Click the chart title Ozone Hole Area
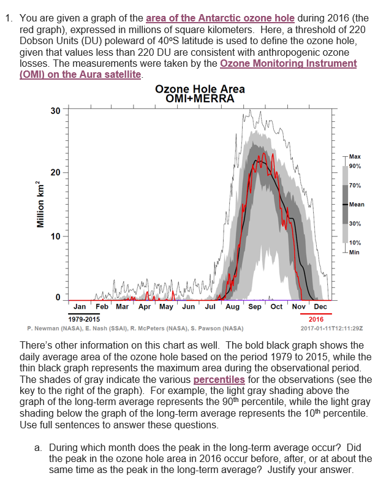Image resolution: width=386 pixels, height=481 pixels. [200, 89]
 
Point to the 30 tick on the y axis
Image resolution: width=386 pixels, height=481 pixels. [56, 111]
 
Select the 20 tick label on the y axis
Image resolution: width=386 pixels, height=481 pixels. [56, 173]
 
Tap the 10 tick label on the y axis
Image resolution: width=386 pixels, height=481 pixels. [56, 237]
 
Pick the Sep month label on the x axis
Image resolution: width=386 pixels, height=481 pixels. [255, 306]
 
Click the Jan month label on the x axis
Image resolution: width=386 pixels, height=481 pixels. [80, 306]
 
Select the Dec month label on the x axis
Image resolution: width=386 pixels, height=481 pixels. [320, 306]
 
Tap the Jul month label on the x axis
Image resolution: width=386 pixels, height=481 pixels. [210, 306]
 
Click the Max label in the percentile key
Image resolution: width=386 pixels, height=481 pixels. [355, 157]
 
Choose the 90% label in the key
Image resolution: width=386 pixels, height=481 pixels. [355, 166]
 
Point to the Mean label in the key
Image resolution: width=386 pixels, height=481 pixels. [357, 204]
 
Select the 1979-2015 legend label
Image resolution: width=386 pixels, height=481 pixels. [84, 319]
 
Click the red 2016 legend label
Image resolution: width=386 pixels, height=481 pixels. [316, 319]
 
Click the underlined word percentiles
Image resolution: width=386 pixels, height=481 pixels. [219, 379]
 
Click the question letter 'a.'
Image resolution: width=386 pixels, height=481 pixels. [39, 448]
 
